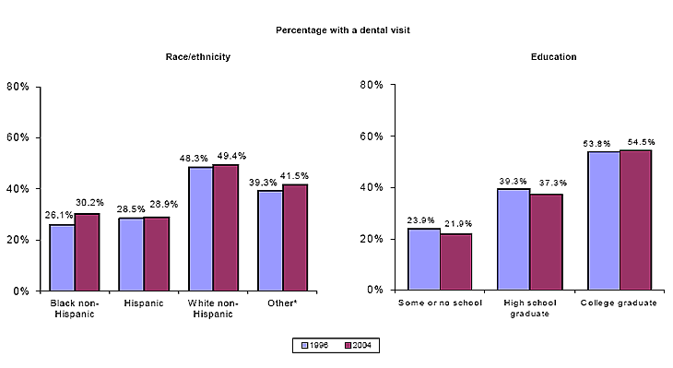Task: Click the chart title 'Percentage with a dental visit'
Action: [x=343, y=30]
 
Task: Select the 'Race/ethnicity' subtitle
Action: [x=197, y=57]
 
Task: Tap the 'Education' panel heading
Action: [x=553, y=57]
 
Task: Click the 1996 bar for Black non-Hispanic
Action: [x=63, y=257]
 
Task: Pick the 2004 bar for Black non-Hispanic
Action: [x=87, y=252]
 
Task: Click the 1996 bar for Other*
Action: [x=269, y=241]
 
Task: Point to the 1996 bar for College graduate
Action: [x=604, y=220]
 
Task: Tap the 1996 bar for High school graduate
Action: [x=514, y=239]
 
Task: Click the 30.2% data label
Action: [x=89, y=204]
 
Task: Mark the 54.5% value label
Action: [x=637, y=141]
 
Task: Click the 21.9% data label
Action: [x=456, y=225]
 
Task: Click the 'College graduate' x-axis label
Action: [x=619, y=303]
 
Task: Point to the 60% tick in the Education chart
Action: [x=372, y=137]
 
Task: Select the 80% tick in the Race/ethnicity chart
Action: [x=18, y=87]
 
